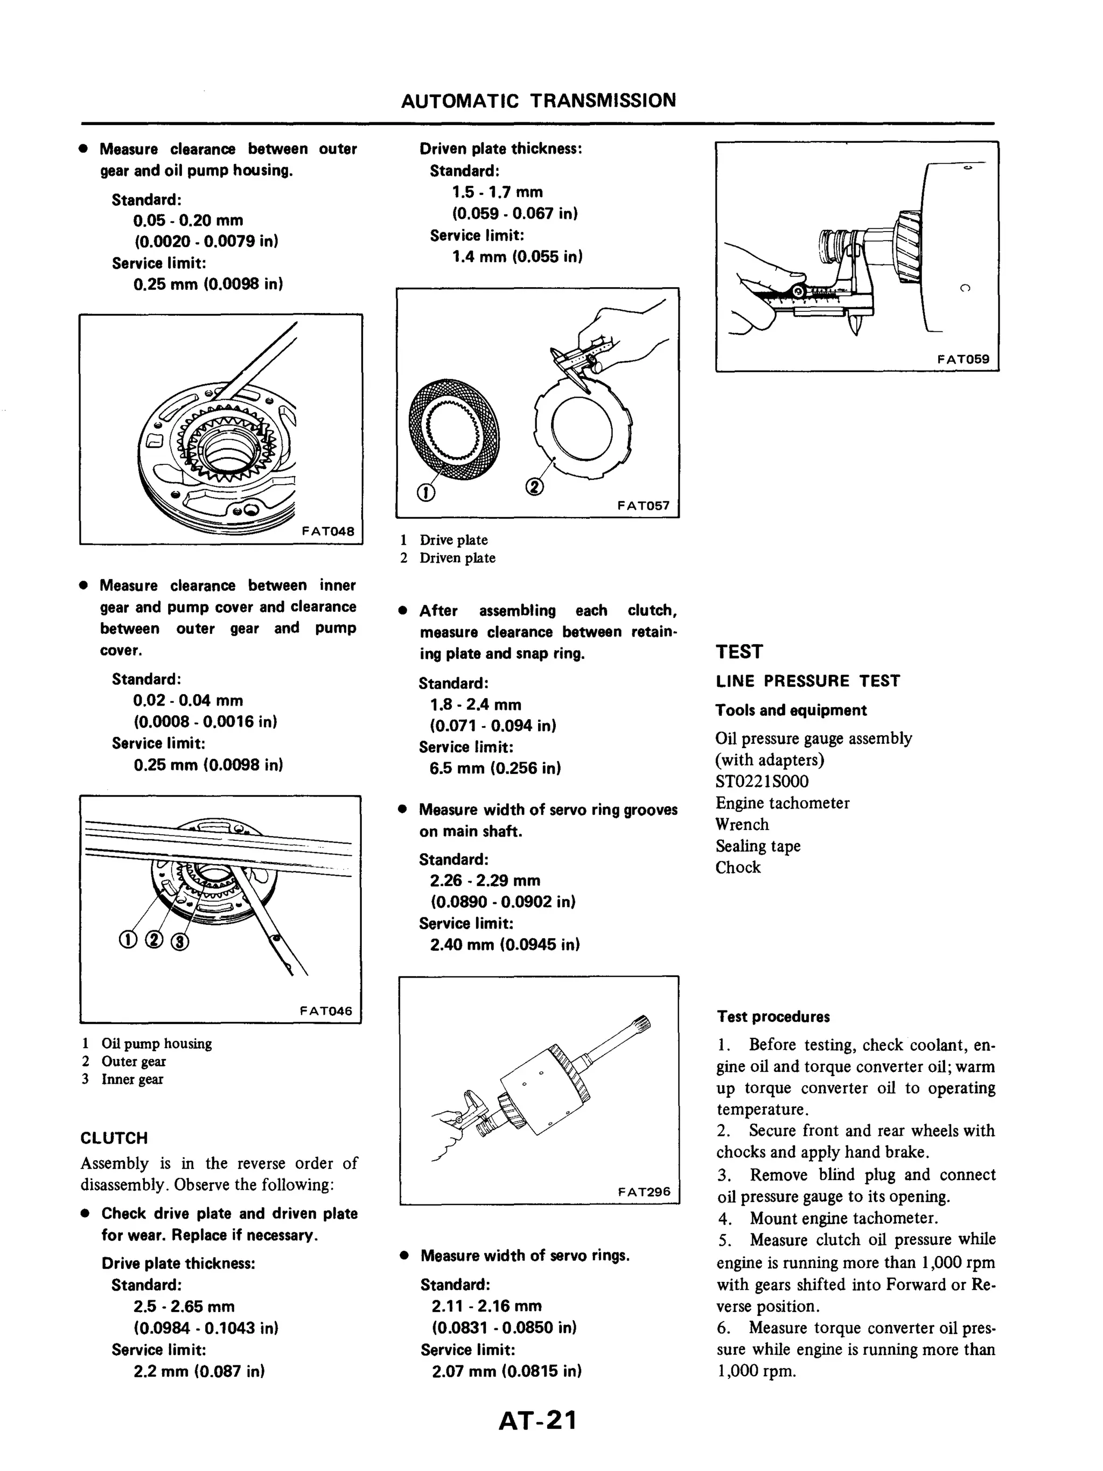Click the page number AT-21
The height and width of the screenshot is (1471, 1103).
(x=537, y=1420)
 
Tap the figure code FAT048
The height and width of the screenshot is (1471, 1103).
(x=328, y=531)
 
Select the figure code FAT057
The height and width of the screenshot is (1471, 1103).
(x=643, y=505)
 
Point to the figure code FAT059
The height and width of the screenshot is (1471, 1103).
(x=963, y=359)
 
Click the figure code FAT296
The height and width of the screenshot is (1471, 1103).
(x=644, y=1191)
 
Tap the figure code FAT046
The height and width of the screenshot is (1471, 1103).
(x=326, y=1011)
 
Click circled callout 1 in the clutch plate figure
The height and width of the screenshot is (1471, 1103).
(x=425, y=492)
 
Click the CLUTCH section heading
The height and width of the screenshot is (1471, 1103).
(x=114, y=1138)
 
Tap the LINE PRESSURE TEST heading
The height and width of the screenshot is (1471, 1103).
(x=807, y=681)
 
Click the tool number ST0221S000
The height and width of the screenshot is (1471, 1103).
(x=762, y=782)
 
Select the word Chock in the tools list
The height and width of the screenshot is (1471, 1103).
(x=737, y=867)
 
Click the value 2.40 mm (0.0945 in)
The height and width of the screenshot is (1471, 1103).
(x=505, y=944)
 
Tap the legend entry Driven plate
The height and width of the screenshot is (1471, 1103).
(x=457, y=558)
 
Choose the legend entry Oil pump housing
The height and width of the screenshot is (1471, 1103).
(x=156, y=1043)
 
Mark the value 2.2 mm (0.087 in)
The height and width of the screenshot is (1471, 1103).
(x=199, y=1371)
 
